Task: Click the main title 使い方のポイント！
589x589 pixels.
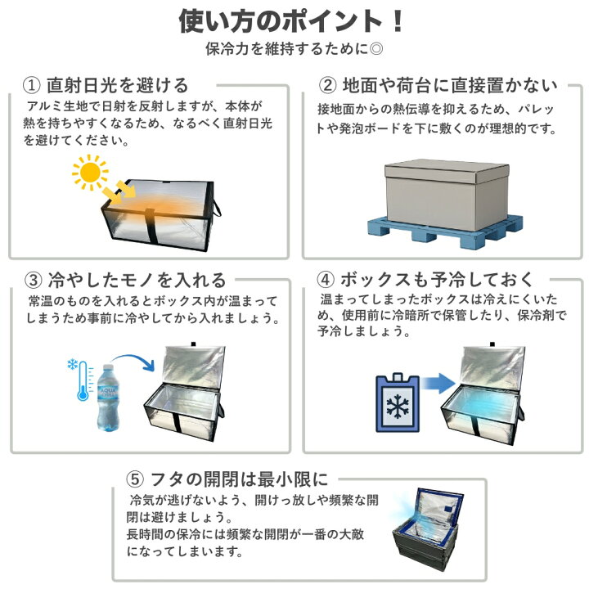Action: pyautogui.click(x=291, y=20)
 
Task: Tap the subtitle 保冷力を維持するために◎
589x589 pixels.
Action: pyautogui.click(x=294, y=49)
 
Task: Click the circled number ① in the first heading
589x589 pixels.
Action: pyautogui.click(x=32, y=85)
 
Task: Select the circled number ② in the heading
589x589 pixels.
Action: pyautogui.click(x=327, y=85)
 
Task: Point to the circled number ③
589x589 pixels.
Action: pyautogui.click(x=34, y=280)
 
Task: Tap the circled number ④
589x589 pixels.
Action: pyautogui.click(x=326, y=279)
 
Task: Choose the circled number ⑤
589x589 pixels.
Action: pyautogui.click(x=135, y=479)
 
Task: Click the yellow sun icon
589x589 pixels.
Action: pyautogui.click(x=90, y=173)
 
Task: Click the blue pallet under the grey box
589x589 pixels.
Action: pyautogui.click(x=445, y=230)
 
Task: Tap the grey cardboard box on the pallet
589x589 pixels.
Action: pyautogui.click(x=447, y=195)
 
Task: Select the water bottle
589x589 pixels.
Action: pyautogui.click(x=108, y=398)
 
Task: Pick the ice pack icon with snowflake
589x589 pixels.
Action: pyautogui.click(x=398, y=402)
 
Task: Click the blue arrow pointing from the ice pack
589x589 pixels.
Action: pyautogui.click(x=438, y=384)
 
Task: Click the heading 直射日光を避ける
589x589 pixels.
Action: pyautogui.click(x=117, y=85)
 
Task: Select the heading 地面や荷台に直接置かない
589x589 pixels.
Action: pyautogui.click(x=450, y=85)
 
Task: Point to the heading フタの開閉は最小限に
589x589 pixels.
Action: pyautogui.click(x=239, y=479)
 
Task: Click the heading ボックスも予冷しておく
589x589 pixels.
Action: pyautogui.click(x=437, y=279)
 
